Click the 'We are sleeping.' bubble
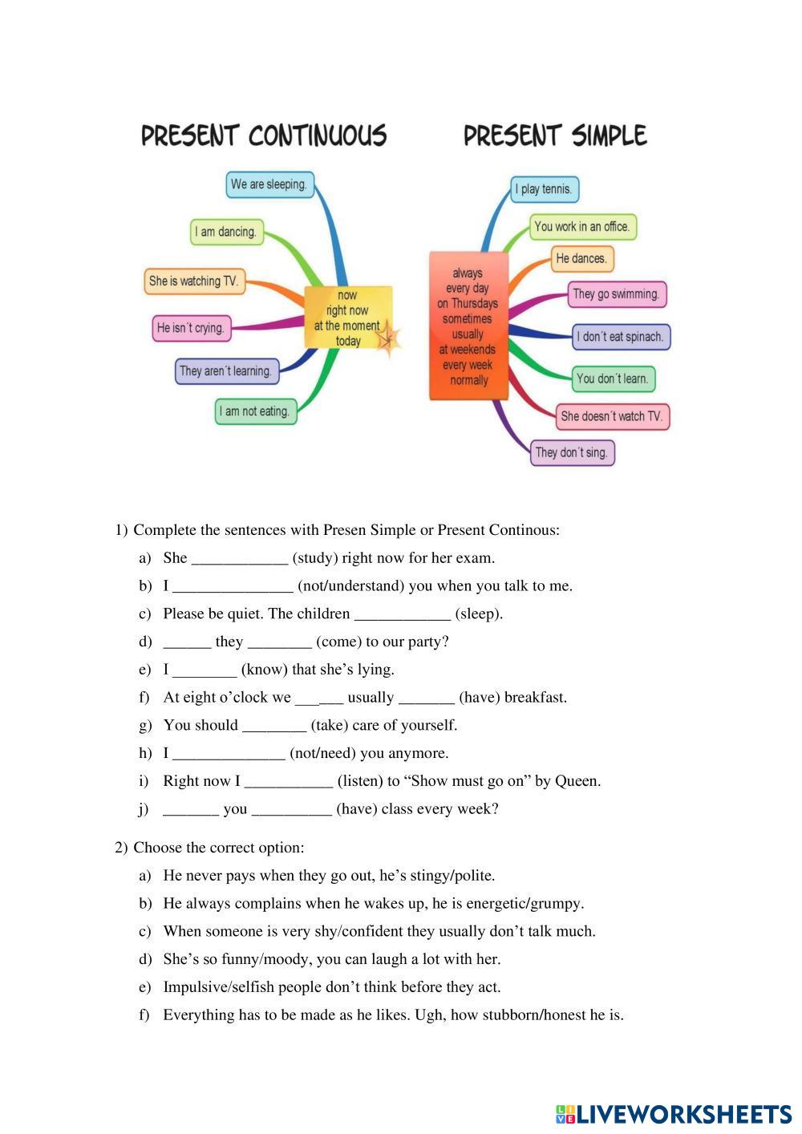click(269, 184)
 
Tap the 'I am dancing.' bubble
click(226, 232)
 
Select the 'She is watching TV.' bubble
click(194, 281)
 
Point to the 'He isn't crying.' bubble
click(191, 328)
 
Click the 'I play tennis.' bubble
click(545, 189)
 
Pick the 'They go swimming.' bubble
click(616, 294)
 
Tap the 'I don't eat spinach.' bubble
click(621, 337)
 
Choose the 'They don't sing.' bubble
click(572, 452)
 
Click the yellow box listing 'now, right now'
click(349, 318)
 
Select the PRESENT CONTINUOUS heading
click(264, 136)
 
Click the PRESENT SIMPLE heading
click(555, 136)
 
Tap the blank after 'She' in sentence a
click(239, 559)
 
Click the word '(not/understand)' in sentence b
click(350, 586)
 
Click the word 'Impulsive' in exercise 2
click(193, 987)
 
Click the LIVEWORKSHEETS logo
click(674, 1114)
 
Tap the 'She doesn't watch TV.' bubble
click(612, 416)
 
